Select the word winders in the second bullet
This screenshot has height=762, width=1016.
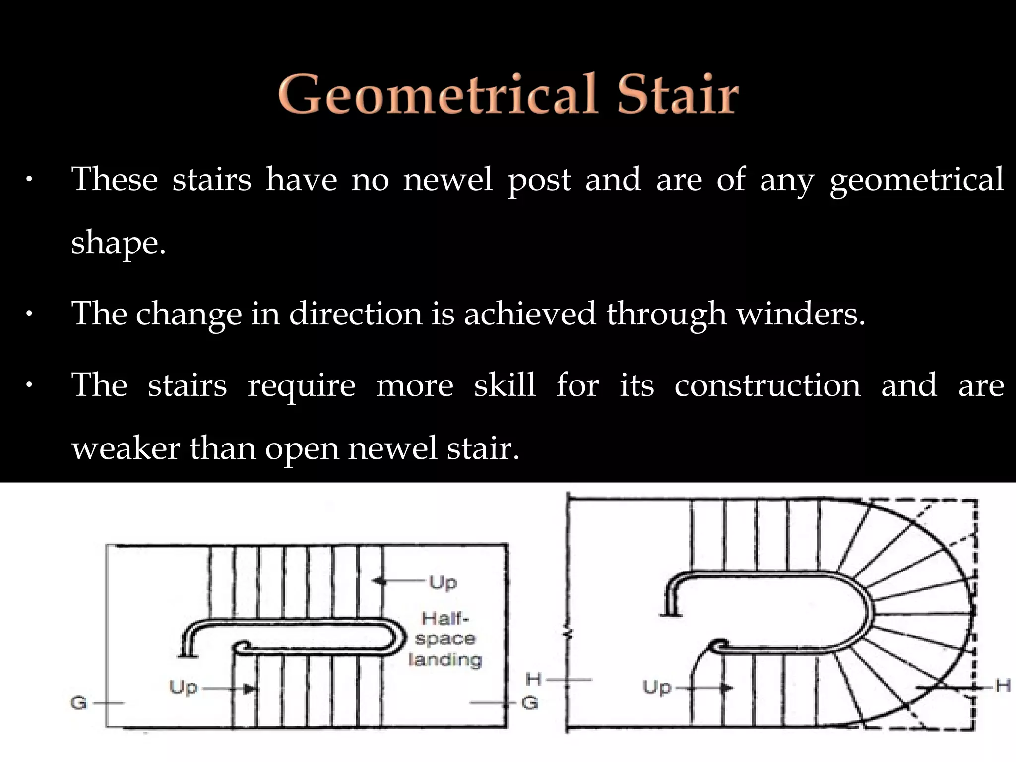point(801,314)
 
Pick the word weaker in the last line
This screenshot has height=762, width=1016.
point(126,448)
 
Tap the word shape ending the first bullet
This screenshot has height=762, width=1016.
point(118,244)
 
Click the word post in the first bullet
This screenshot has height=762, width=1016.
point(539,179)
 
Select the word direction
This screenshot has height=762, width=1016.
point(355,314)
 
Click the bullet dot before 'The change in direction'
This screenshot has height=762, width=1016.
point(29,314)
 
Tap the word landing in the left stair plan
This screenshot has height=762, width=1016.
point(445,659)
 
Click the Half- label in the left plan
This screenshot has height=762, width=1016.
point(445,619)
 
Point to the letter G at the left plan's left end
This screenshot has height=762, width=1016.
point(79,702)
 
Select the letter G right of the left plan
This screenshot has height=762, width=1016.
point(530,702)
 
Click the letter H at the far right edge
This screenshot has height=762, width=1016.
point(1003,686)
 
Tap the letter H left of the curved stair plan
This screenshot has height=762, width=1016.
point(534,679)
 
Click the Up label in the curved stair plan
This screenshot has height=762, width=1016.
point(657,687)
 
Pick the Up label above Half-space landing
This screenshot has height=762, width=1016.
point(443,582)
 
